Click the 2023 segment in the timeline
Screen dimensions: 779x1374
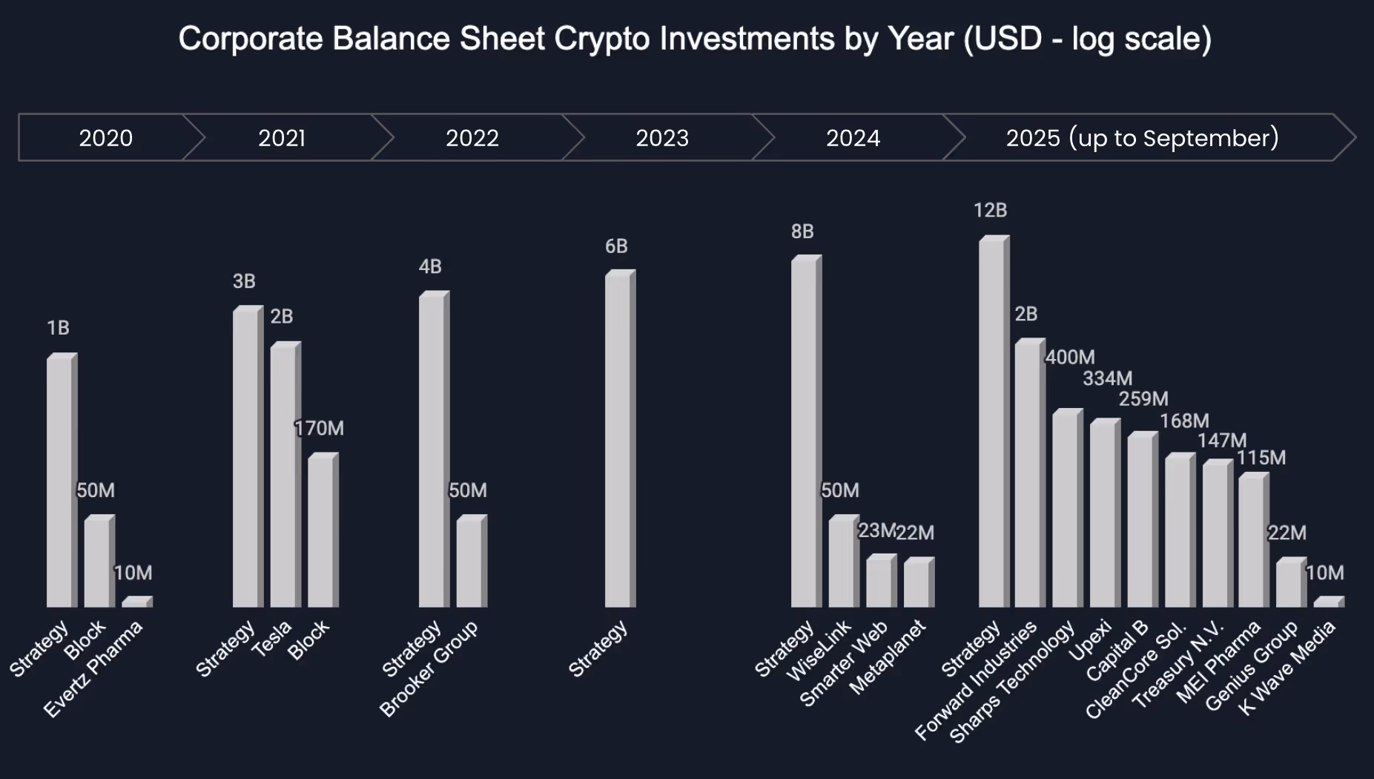[662, 138]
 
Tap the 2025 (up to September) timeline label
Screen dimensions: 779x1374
[1142, 138]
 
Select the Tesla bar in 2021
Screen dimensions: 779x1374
[285, 475]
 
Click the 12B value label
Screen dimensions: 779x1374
[990, 211]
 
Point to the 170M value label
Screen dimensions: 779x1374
[320, 429]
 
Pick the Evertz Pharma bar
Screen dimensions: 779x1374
[136, 602]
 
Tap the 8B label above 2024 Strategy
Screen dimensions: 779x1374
[802, 231]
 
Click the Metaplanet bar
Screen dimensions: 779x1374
[918, 582]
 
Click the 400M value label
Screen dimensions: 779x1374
[1070, 358]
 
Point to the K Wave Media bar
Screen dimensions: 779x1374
[1328, 602]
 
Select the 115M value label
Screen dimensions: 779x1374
[1261, 458]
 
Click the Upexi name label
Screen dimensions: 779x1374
[1090, 640]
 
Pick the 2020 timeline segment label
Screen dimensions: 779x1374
[106, 138]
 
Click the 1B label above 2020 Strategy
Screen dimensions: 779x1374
[58, 328]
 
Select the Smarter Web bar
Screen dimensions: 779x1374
[881, 582]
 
